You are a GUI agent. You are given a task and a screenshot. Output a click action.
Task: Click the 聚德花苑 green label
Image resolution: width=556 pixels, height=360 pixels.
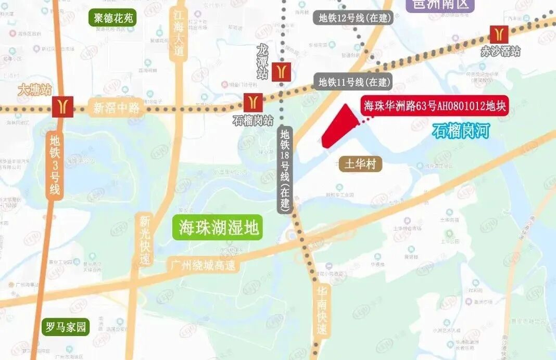[x=113, y=18]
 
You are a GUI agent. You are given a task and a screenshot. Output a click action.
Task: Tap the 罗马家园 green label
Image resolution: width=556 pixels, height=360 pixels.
[x=66, y=327]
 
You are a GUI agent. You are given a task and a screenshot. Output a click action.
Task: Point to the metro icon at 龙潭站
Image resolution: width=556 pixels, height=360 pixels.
[x=282, y=70]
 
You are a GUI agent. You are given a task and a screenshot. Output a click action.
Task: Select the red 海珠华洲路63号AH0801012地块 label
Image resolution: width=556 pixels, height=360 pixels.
[x=434, y=107]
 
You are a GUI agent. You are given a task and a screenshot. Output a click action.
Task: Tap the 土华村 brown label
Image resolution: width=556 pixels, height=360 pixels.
[x=361, y=164]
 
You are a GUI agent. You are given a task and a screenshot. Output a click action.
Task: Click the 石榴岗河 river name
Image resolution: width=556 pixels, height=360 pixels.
[x=461, y=131]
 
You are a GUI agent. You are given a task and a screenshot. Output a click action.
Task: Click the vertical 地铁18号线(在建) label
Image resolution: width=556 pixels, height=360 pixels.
[x=285, y=168]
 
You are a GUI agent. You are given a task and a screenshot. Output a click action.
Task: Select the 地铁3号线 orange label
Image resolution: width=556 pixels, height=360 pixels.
[x=55, y=164]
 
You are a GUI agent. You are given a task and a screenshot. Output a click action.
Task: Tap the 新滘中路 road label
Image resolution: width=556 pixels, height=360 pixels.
[x=117, y=108]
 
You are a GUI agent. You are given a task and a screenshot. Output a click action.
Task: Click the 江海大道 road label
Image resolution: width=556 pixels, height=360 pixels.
[x=179, y=34]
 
